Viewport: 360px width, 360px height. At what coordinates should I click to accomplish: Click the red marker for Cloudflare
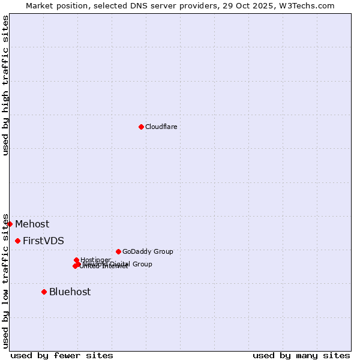click(141, 127)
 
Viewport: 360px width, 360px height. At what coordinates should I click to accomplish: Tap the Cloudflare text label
click(161, 127)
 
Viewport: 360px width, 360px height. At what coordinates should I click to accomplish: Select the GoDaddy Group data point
click(118, 251)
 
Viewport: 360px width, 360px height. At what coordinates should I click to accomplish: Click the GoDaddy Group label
click(148, 251)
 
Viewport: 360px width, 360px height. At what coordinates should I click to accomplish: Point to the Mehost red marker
click(10, 224)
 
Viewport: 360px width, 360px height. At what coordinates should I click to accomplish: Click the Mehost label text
click(32, 224)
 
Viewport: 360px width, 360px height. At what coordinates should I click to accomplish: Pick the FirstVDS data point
click(17, 241)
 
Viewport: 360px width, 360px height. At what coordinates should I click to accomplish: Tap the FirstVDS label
click(43, 241)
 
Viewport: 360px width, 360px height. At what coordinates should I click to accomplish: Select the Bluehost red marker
click(44, 292)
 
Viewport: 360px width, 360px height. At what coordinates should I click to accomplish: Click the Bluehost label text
click(70, 292)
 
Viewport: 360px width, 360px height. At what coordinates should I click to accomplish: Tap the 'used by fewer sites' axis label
click(62, 355)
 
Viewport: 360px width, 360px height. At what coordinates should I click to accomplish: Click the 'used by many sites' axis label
click(301, 355)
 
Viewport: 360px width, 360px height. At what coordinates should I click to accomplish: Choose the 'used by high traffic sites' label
click(5, 85)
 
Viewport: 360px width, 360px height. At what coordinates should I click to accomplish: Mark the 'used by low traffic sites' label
click(5, 281)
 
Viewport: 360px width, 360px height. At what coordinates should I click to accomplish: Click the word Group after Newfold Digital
click(142, 264)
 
